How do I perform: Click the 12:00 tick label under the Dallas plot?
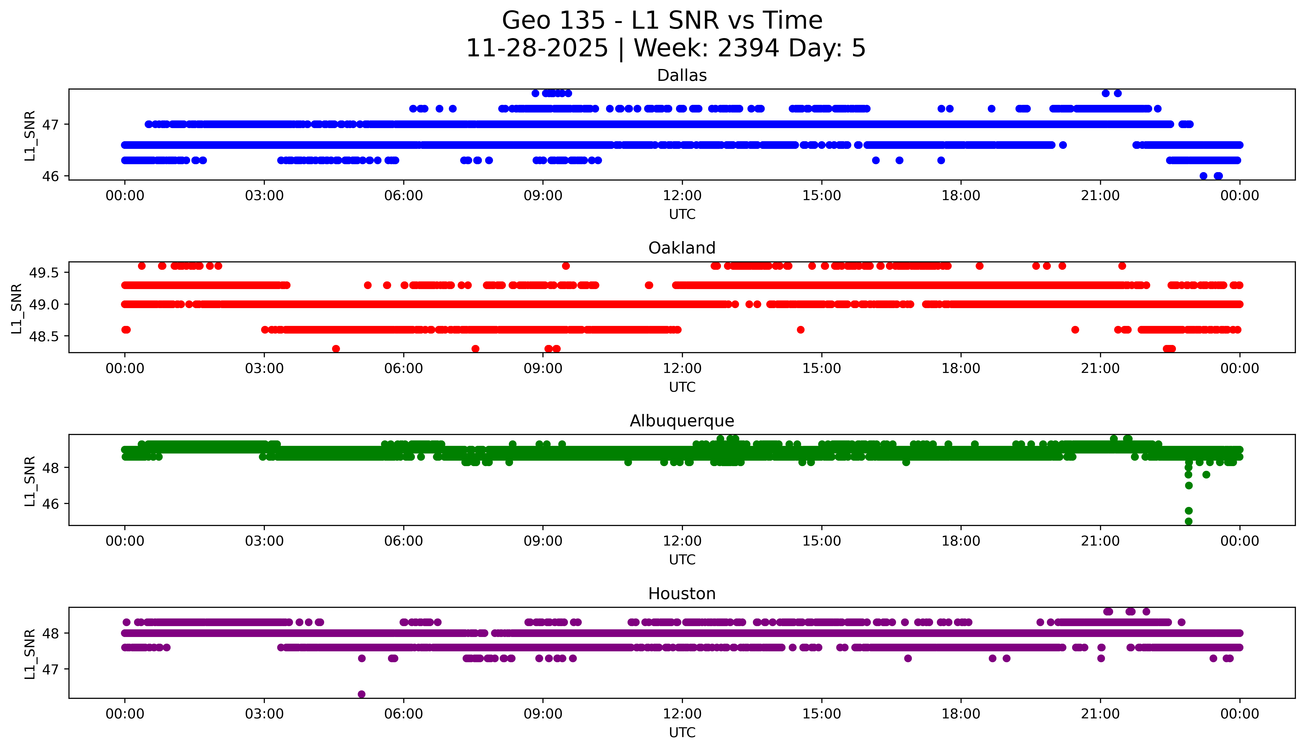point(682,196)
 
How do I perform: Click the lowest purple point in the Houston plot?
point(361,694)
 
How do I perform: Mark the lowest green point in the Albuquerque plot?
point(1188,521)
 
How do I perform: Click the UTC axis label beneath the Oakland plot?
point(682,387)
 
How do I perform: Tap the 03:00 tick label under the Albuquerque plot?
point(264,541)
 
